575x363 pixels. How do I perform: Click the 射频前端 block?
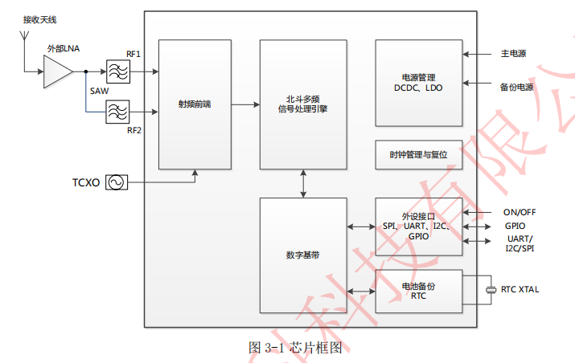pyautogui.click(x=195, y=104)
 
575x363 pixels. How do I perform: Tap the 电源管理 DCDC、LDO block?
pyautogui.click(x=418, y=83)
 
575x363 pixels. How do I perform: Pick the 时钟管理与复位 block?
pyautogui.click(x=418, y=154)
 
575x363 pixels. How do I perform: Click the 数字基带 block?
pyautogui.click(x=302, y=255)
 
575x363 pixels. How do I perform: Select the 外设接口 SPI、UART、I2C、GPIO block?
pyautogui.click(x=418, y=226)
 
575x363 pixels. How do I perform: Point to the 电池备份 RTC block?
pyautogui.click(x=418, y=291)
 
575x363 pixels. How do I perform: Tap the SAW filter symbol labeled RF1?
pyautogui.click(x=118, y=72)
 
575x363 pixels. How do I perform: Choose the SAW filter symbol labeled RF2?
pyautogui.click(x=118, y=111)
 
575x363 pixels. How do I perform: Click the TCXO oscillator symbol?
pyautogui.click(x=115, y=183)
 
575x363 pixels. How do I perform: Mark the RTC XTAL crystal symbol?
pyautogui.click(x=491, y=290)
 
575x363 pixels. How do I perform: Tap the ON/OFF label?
pyautogui.click(x=520, y=212)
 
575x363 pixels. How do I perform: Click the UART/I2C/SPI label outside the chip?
pyautogui.click(x=520, y=243)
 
